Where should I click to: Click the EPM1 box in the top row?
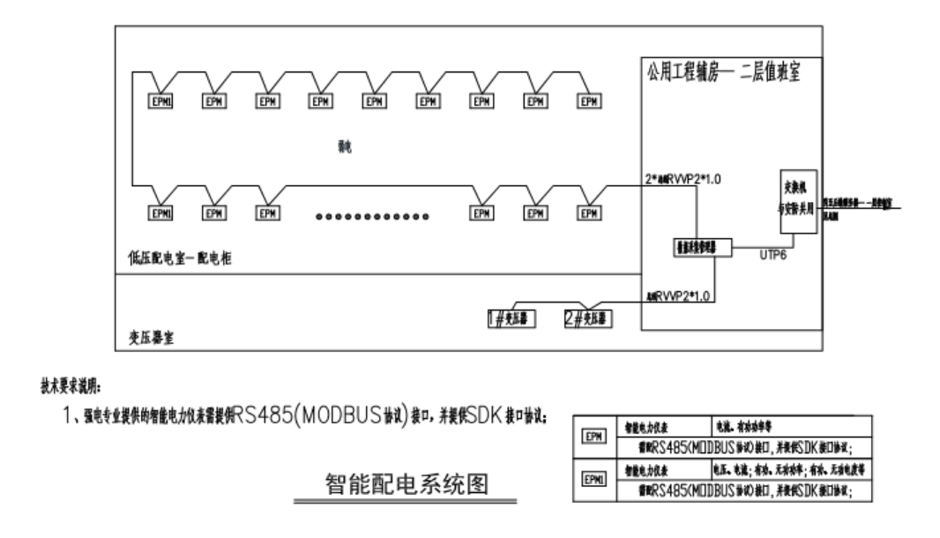160,101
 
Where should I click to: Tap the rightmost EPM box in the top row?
589,101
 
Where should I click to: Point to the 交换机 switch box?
797,201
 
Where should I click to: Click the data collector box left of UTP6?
701,250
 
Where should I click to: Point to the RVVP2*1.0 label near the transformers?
680,293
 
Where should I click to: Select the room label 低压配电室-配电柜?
180,257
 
